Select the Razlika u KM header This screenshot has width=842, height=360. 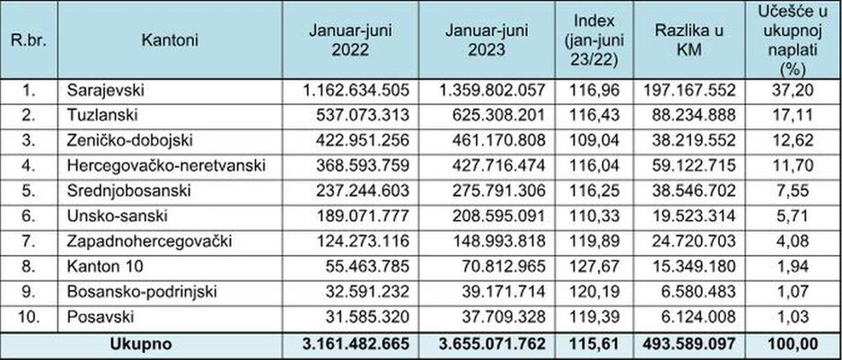[689, 41]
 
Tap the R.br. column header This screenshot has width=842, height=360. [29, 41]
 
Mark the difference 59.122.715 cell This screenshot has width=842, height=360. [689, 166]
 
